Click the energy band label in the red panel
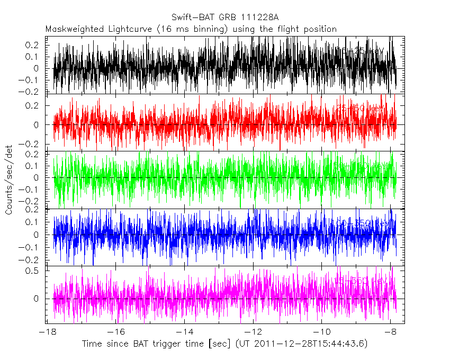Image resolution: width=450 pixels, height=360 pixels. [360, 109]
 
